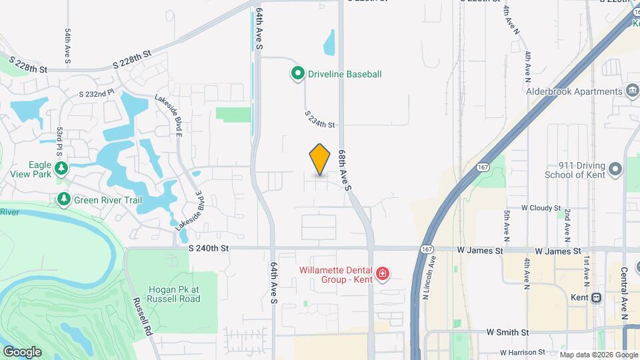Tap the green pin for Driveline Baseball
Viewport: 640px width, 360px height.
(298, 74)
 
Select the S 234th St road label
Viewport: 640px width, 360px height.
(319, 119)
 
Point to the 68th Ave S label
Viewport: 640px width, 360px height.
(344, 170)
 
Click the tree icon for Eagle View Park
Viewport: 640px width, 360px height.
(61, 167)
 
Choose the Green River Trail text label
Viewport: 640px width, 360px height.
(107, 199)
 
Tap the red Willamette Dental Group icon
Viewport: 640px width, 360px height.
(383, 274)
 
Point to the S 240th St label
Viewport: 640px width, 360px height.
(209, 248)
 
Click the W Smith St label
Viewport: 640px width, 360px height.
(507, 331)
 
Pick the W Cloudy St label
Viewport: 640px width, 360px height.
(541, 208)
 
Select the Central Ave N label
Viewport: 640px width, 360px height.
(625, 293)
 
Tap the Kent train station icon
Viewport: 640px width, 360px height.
(597, 297)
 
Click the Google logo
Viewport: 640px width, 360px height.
(22, 351)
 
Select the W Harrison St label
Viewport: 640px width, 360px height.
(522, 351)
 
